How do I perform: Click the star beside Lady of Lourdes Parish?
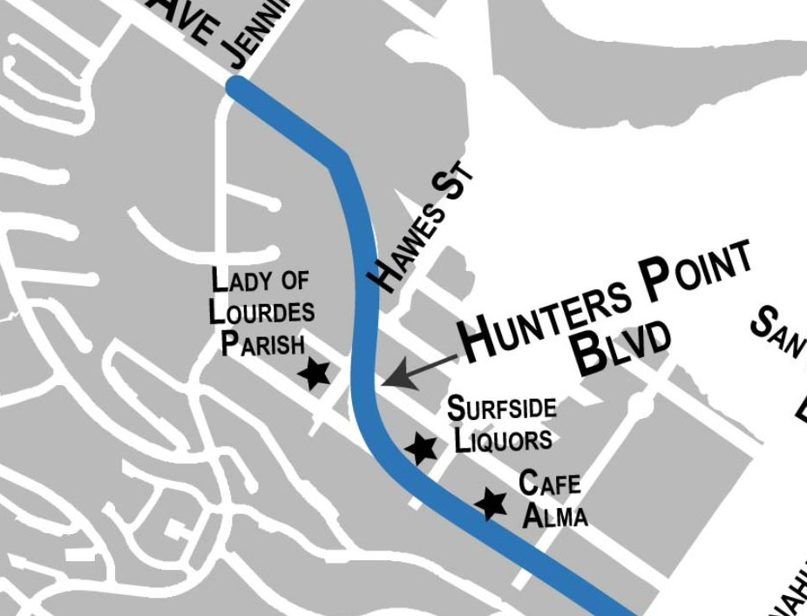pos(315,373)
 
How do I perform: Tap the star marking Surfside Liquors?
pos(422,449)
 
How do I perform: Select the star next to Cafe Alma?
pos(491,503)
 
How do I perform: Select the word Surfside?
pos(501,408)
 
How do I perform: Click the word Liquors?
pos(503,438)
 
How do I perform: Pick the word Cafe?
pos(549,483)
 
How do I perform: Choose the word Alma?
pos(554,515)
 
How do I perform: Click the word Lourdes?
pos(261,311)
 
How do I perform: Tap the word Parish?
pos(262,342)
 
